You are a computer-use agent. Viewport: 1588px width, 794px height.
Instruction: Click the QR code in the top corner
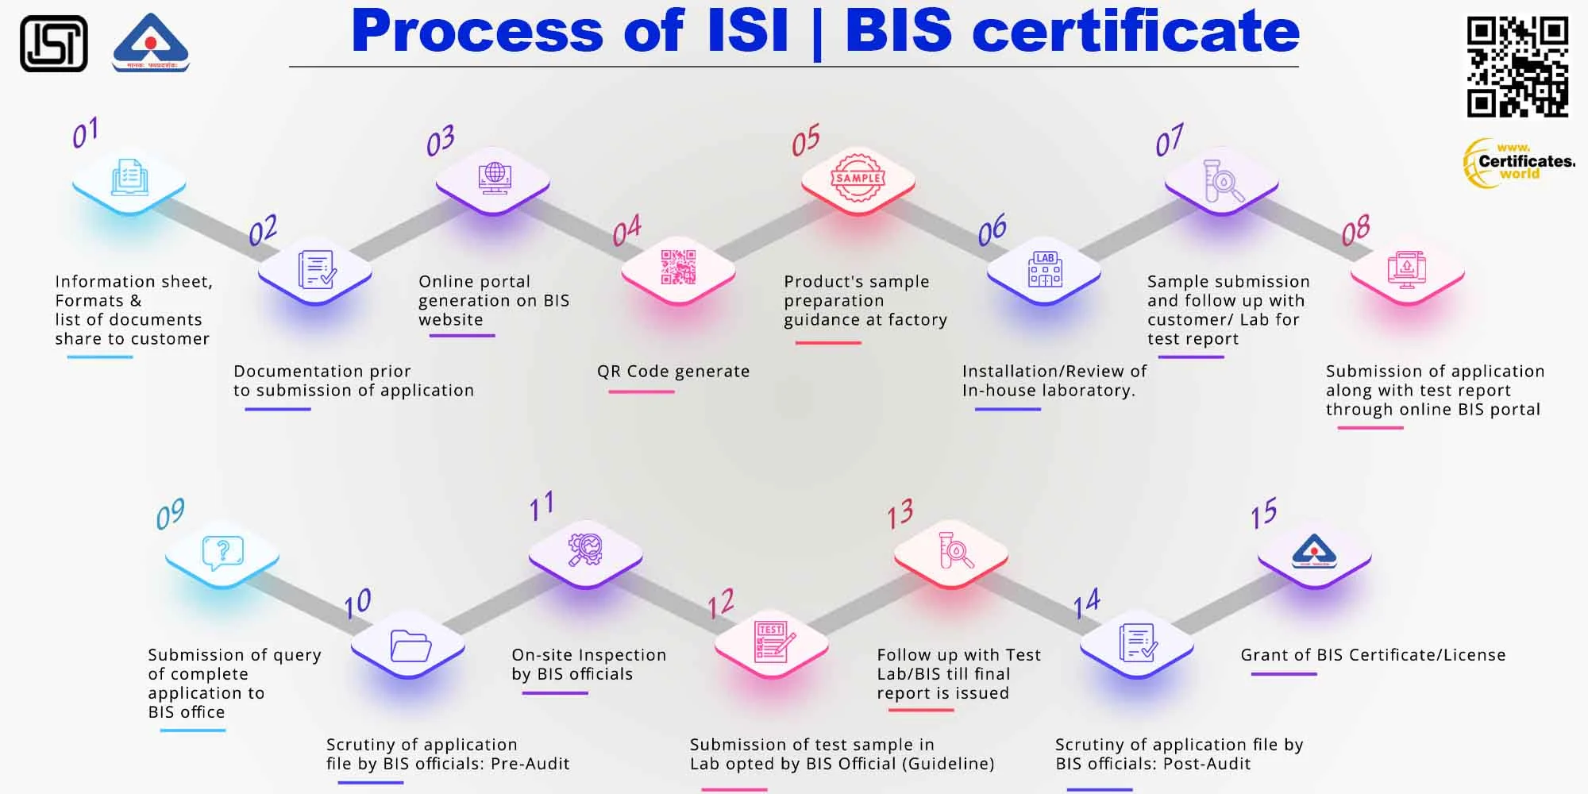coord(1517,67)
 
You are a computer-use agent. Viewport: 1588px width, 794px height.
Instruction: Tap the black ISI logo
coord(53,44)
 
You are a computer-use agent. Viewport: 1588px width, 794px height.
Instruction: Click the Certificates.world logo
coord(1518,163)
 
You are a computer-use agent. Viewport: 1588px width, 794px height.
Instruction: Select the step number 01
coord(85,133)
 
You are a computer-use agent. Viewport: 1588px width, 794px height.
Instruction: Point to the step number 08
coord(1355,230)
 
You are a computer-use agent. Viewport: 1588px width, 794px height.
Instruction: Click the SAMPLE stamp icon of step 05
coord(858,178)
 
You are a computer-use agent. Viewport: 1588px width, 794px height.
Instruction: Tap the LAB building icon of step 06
coord(1044,268)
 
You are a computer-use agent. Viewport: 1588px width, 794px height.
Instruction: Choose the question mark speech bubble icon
coord(222,552)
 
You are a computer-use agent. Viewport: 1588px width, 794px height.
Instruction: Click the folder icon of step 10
coord(410,646)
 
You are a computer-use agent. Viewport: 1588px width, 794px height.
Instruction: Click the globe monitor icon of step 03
coord(494,177)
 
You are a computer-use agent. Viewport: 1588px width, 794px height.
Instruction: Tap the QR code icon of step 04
coord(678,267)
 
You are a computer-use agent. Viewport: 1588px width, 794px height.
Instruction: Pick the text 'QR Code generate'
coord(673,372)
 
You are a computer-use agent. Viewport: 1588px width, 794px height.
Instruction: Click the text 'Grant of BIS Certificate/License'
coord(1373,655)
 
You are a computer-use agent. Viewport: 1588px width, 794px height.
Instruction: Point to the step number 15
coord(1263,514)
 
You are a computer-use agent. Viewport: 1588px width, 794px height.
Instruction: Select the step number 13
coord(900,514)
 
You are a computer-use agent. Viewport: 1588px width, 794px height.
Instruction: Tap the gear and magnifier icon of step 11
coord(585,549)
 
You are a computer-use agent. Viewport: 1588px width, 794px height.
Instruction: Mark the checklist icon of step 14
coord(1137,642)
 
